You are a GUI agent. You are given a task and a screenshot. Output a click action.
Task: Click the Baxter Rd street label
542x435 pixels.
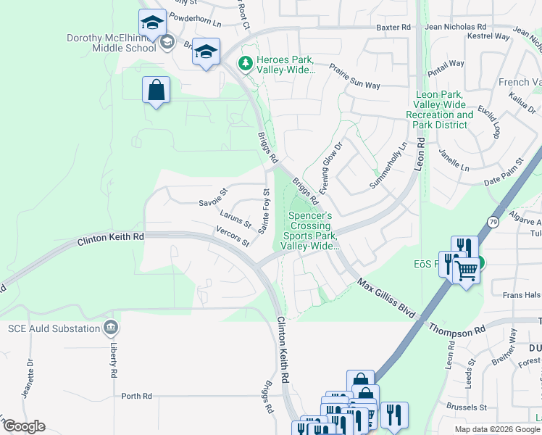pos(393,27)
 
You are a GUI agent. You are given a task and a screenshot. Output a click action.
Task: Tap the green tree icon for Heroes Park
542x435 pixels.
pos(246,64)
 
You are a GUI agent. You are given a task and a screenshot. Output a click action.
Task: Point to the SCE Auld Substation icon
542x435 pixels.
pos(111,328)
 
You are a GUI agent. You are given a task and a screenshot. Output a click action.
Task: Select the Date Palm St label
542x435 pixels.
pos(503,171)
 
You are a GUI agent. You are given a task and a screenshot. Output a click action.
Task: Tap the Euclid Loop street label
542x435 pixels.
pos(489,119)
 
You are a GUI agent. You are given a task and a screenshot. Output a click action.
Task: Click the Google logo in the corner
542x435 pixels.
pos(23,426)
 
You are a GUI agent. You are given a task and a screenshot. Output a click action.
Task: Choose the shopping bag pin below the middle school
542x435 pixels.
pos(156,91)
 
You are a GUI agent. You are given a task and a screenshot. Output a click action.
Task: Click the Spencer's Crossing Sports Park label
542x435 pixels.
pos(311,231)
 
